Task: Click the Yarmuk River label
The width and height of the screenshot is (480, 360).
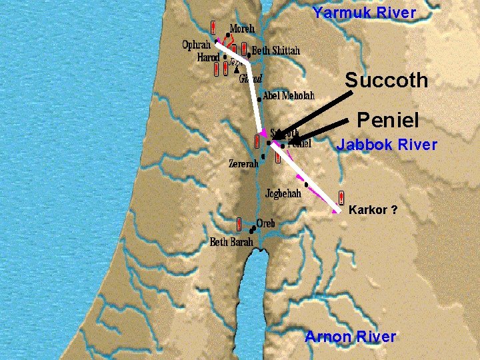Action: (364, 12)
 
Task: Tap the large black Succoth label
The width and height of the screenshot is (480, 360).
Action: (386, 81)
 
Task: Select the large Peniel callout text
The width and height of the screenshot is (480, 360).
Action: (387, 121)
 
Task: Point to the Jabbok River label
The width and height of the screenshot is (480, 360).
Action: (387, 145)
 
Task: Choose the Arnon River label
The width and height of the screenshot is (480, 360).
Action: (350, 337)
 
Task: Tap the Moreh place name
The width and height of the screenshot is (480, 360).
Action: (243, 29)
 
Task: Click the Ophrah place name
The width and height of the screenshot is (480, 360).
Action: (196, 45)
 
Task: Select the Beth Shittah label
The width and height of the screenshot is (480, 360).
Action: (276, 51)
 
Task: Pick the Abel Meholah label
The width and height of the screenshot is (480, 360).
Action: (288, 96)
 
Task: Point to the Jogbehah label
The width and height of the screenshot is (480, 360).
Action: (283, 194)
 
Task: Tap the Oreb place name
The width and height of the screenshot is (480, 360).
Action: (265, 223)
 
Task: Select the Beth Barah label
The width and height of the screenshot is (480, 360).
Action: (231, 242)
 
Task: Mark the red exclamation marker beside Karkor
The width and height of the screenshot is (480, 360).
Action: (341, 197)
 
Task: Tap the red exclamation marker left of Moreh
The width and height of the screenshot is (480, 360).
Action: (213, 28)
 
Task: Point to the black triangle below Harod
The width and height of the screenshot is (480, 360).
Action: (237, 69)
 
